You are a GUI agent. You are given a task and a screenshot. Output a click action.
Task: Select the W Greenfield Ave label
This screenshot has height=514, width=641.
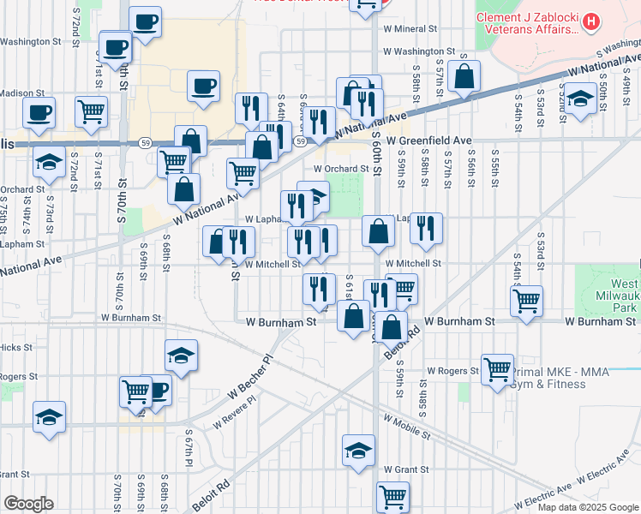428,140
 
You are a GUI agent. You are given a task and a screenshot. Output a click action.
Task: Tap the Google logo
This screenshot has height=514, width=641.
28,504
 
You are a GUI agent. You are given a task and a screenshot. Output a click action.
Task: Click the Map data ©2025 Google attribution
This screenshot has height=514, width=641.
588,507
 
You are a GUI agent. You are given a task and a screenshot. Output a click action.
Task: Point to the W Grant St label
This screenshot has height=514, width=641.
406,469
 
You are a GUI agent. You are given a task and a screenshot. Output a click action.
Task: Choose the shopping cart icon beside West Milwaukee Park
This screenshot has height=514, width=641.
525,299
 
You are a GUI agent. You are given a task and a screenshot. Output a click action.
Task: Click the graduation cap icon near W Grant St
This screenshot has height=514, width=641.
358,448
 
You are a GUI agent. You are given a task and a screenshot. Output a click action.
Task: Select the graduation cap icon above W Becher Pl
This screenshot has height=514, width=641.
181,355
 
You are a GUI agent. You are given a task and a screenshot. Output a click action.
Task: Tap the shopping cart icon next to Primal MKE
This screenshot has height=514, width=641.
497,368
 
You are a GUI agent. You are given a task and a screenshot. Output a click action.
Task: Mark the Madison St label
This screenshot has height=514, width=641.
22,93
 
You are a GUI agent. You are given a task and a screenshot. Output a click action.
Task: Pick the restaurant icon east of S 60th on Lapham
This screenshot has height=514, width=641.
426,228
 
